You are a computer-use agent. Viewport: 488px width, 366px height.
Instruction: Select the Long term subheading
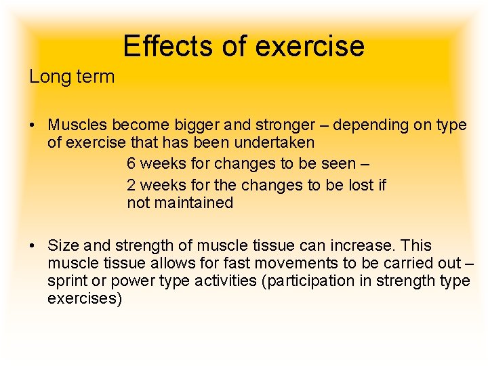[x=72, y=77]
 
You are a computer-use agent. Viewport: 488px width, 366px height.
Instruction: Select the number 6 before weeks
[x=131, y=164]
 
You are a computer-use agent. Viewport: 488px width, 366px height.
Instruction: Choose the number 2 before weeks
[x=131, y=185]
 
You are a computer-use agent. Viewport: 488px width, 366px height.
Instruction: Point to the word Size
[x=64, y=245]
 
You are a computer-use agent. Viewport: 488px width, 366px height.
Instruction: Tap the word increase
[x=363, y=245]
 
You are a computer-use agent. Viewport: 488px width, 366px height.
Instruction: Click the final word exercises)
[x=85, y=298]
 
